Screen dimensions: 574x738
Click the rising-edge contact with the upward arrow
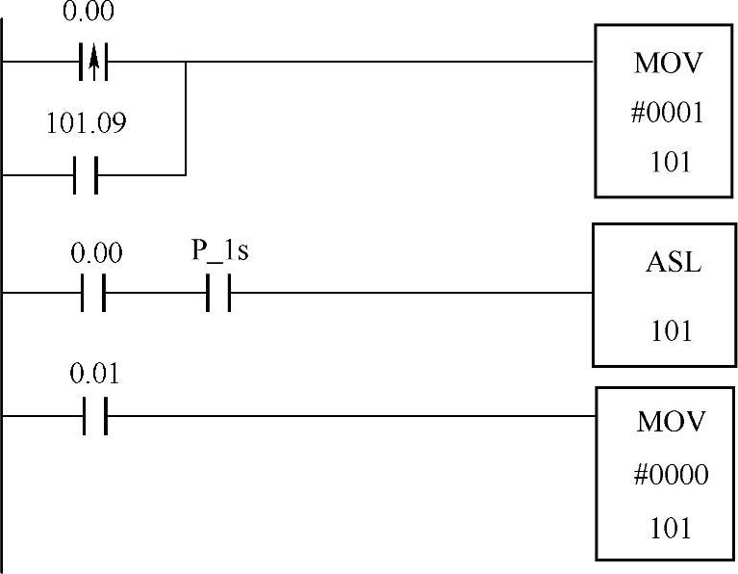(92, 63)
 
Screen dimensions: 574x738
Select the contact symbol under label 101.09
(86, 175)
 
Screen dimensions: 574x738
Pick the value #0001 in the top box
(669, 114)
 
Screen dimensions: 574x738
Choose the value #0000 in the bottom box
(672, 475)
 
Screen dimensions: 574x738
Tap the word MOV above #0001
(668, 65)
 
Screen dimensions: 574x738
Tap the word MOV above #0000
(671, 423)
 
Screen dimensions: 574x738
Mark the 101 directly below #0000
(671, 528)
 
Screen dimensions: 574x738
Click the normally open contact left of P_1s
(92, 292)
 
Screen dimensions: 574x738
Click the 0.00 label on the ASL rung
(96, 253)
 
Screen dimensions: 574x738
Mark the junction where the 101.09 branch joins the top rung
(185, 63)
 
